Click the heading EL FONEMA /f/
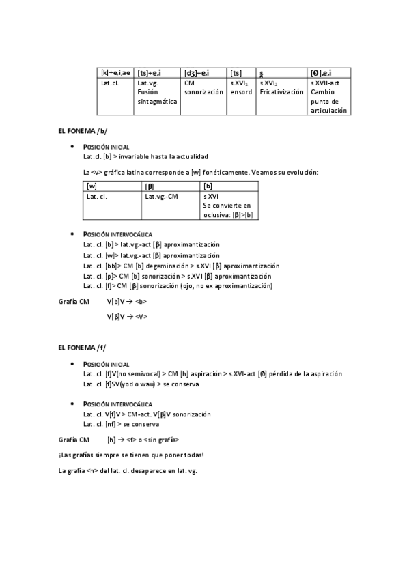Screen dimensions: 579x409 (83, 348)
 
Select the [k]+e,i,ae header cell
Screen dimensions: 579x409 (116, 73)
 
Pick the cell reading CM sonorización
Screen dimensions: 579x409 (203, 87)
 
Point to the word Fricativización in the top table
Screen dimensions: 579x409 (281, 91)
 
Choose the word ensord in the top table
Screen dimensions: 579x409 (241, 91)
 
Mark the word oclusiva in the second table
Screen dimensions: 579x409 (217, 214)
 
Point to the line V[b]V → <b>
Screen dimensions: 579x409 (126, 301)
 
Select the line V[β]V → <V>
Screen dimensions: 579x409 (127, 317)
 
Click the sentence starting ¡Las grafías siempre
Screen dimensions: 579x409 (131, 455)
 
